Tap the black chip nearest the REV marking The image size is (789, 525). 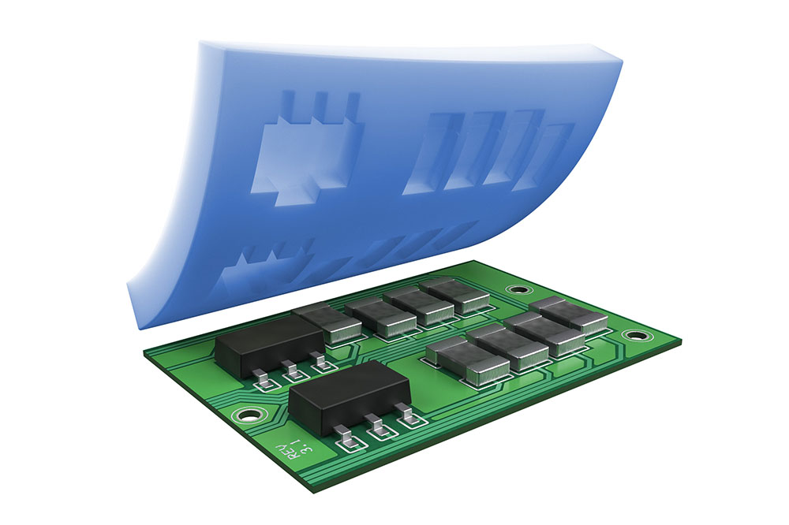click(x=350, y=396)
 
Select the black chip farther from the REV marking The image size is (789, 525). click(x=269, y=346)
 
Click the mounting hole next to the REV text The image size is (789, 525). click(x=248, y=415)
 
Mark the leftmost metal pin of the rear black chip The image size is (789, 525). click(x=264, y=380)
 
